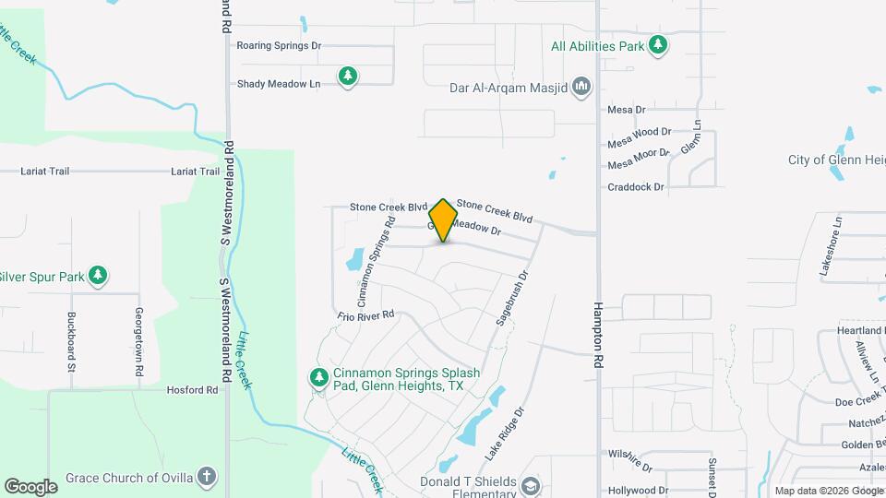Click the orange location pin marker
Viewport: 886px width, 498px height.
coord(444,219)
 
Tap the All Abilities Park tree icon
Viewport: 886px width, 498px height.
coord(657,45)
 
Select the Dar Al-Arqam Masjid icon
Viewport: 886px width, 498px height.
coord(581,89)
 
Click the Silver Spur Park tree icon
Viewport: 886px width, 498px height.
coord(97,276)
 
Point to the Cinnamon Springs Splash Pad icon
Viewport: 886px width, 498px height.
coord(318,377)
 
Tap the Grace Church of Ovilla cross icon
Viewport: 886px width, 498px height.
coord(208,478)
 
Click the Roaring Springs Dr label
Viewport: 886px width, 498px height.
coord(279,45)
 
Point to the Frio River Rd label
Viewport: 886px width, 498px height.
coord(365,314)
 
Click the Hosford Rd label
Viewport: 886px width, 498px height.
coord(192,390)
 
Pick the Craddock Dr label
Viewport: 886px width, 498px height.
coord(636,187)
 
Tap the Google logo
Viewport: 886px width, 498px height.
coord(30,486)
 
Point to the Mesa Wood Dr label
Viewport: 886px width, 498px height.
coord(639,132)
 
